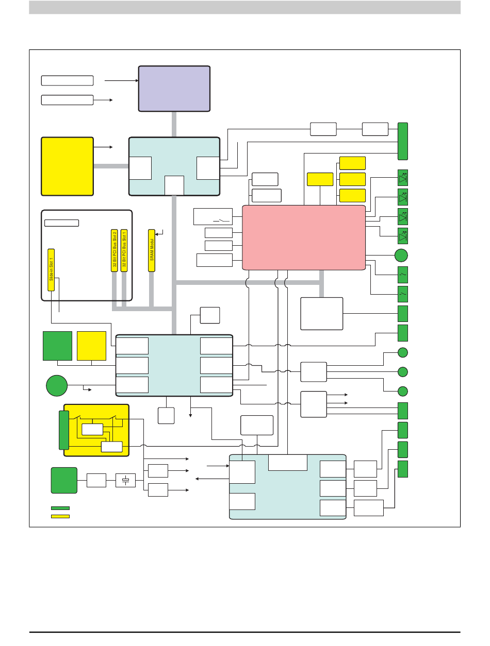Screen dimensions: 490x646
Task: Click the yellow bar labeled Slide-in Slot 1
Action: (x=51, y=270)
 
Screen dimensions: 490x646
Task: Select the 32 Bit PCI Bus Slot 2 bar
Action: (x=115, y=251)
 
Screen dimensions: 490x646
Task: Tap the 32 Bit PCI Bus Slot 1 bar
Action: (x=124, y=251)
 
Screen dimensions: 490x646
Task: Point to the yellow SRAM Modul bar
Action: (x=152, y=251)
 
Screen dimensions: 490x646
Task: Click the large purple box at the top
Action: (x=174, y=89)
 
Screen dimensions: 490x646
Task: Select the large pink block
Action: (x=304, y=238)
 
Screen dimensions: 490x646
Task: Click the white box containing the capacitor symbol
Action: (x=125, y=480)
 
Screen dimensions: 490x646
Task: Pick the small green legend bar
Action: (x=60, y=508)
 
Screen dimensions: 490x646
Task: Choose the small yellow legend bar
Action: (x=60, y=516)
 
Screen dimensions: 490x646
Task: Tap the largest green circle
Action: (x=57, y=385)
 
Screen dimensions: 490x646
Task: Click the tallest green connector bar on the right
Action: (x=403, y=141)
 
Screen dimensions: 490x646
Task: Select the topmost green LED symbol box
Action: (x=403, y=177)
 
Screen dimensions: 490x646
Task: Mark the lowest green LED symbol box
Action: (x=403, y=236)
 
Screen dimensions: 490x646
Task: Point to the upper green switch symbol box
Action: (x=403, y=275)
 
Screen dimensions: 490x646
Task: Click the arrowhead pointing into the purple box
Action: (x=137, y=80)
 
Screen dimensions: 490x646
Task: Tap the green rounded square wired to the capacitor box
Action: (x=64, y=480)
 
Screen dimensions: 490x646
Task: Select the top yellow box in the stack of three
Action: (x=352, y=163)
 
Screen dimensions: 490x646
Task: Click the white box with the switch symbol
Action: (x=213, y=216)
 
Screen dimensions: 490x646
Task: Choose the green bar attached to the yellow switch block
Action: (x=64, y=430)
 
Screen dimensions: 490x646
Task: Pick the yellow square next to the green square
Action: (x=91, y=346)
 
